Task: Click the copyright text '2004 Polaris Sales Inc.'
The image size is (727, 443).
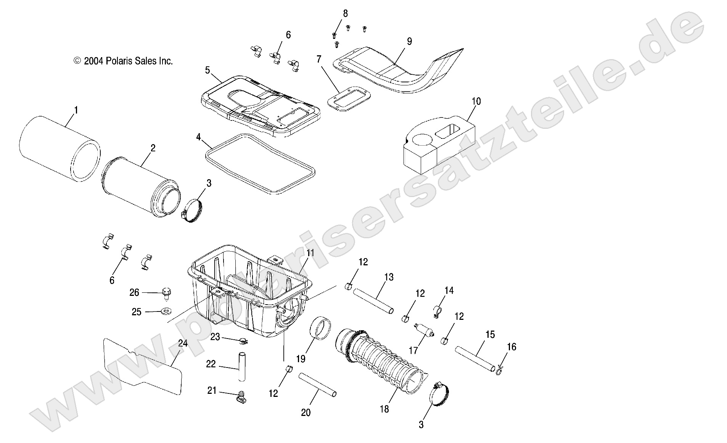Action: point(123,61)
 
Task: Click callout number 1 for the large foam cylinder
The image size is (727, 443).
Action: point(76,111)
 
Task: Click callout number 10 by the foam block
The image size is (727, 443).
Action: point(476,101)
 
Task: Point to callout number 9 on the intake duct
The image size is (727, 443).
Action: point(409,42)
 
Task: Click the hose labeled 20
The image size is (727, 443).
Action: point(317,385)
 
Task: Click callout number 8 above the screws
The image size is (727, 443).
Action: point(345,14)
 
